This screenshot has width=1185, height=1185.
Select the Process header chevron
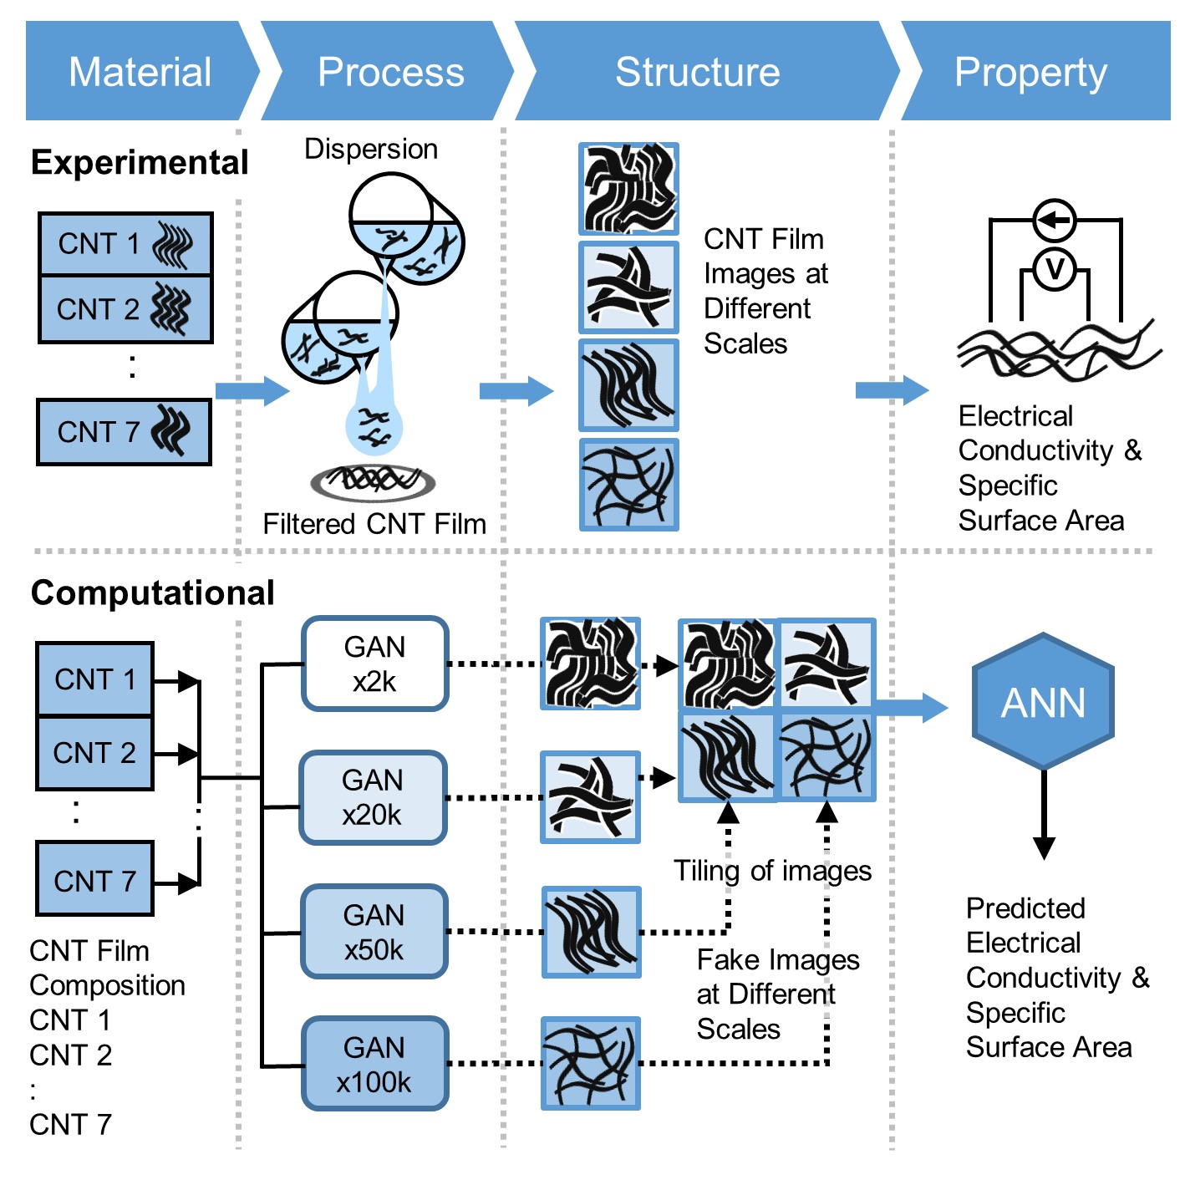tap(389, 71)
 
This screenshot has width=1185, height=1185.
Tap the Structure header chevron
tap(698, 71)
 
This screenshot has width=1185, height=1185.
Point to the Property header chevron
tap(1031, 71)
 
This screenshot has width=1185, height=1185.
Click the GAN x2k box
tap(374, 664)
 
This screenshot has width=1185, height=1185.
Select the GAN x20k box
tap(373, 797)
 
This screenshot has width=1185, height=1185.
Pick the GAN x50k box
tap(374, 932)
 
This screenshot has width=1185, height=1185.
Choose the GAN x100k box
tap(374, 1064)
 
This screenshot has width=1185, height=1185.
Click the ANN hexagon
tap(1043, 702)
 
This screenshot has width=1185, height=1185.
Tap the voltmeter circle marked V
tap(1055, 270)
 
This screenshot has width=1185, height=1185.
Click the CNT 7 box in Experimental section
tap(125, 432)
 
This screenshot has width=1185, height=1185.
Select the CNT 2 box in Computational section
tap(94, 753)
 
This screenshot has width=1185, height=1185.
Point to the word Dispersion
tap(370, 149)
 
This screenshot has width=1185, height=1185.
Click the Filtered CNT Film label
tap(374, 524)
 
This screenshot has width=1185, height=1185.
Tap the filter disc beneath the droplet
tap(373, 481)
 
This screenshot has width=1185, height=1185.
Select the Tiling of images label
tap(772, 871)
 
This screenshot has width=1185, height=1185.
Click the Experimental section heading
tap(140, 162)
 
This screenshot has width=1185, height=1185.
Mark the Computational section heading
tap(152, 592)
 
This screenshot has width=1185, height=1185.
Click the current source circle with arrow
tap(1055, 221)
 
